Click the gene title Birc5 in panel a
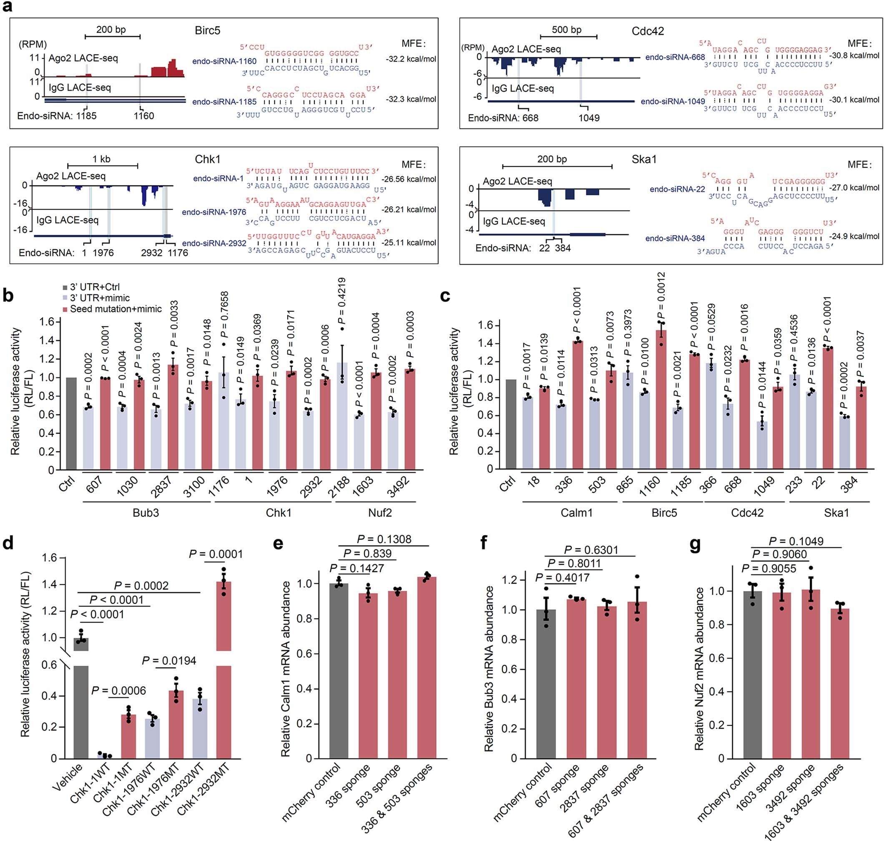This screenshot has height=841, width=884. point(207,30)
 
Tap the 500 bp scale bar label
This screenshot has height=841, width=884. point(566,30)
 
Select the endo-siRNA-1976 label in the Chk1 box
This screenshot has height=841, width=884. point(214,212)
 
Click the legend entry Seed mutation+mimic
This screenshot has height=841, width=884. point(116,308)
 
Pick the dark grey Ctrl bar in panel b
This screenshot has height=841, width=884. point(71,424)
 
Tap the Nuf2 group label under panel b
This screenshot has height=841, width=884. point(380,512)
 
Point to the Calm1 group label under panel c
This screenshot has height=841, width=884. point(576,512)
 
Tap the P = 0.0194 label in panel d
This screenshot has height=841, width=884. point(169,660)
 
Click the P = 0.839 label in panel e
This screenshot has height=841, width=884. point(367,553)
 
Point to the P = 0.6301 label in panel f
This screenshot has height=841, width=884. point(591,549)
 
